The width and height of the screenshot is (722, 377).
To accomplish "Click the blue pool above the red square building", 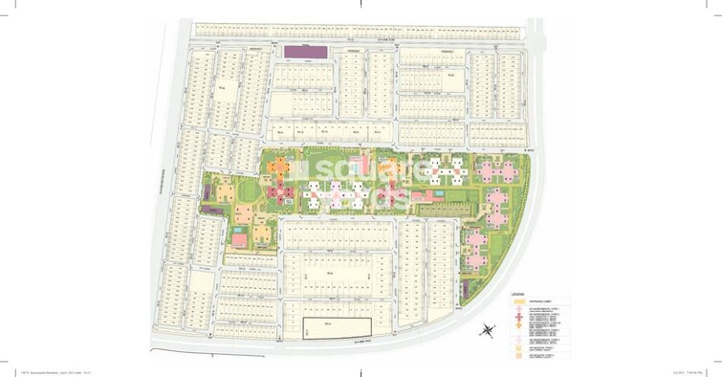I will (235, 231).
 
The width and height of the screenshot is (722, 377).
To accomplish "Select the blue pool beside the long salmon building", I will (437, 195).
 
